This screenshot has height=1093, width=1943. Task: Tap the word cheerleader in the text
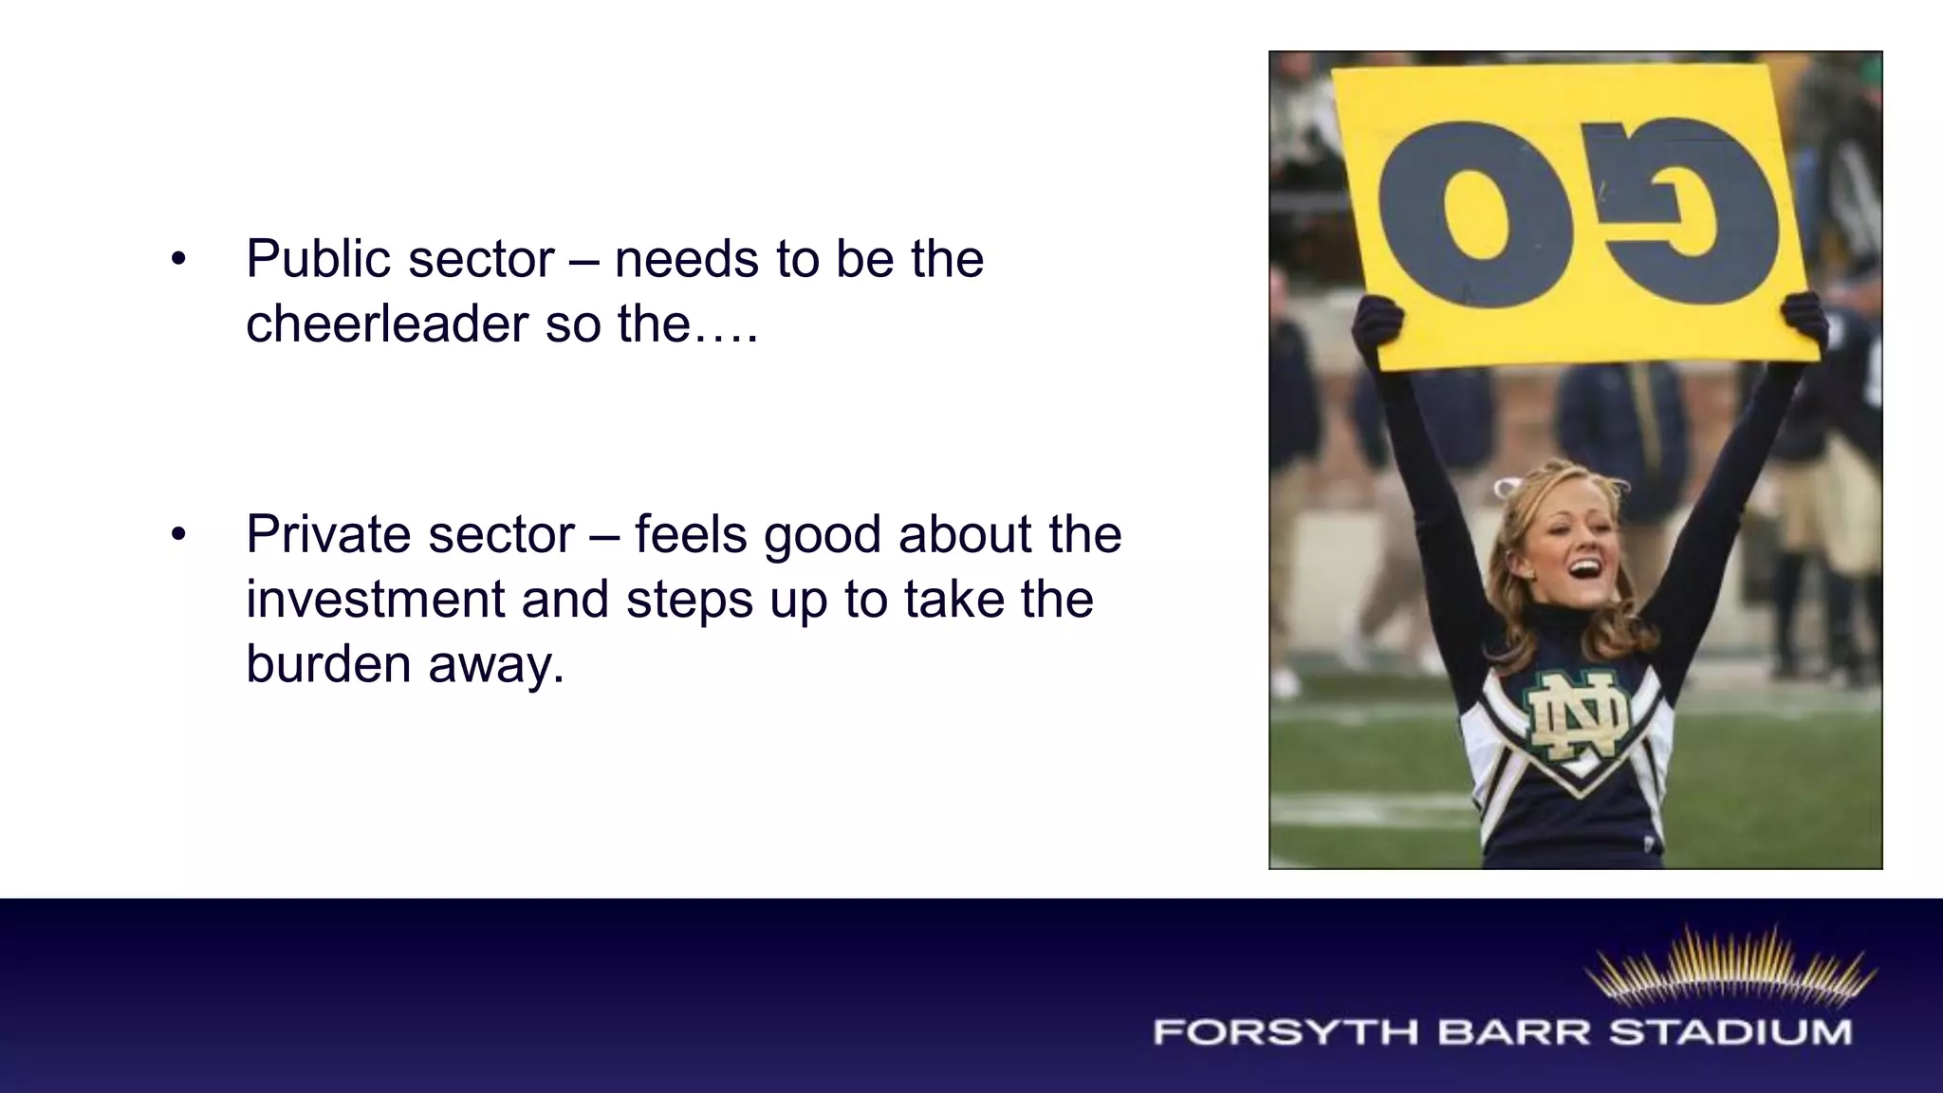[x=386, y=324]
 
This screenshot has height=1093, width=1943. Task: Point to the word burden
[x=327, y=663]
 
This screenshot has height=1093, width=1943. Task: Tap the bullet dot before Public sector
[x=178, y=259]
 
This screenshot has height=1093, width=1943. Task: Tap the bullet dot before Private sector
[x=178, y=534]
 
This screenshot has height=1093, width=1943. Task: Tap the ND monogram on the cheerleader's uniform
[x=1577, y=716]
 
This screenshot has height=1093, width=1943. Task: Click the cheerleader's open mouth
[x=1585, y=570]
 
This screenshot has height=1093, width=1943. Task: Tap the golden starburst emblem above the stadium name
[x=1730, y=968]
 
